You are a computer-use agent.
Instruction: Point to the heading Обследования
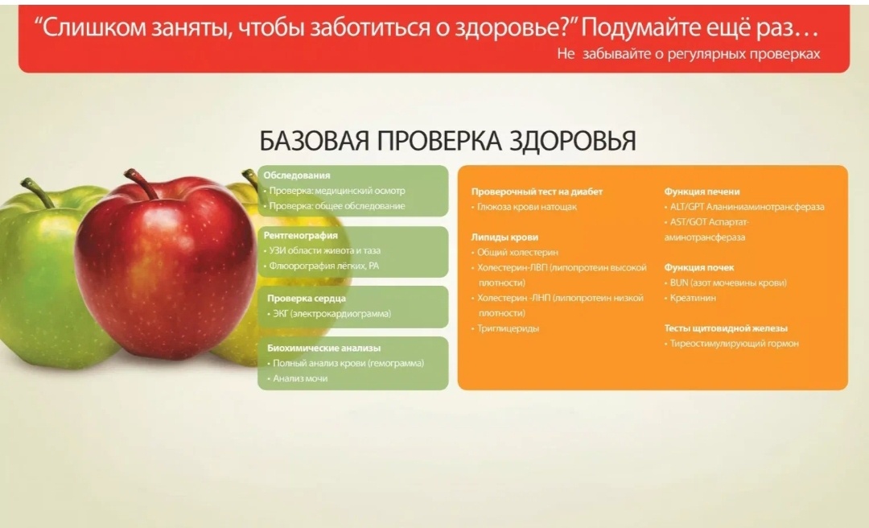click(297, 175)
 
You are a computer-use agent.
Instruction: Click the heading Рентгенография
click(300, 236)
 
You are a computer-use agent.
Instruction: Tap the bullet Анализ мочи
click(299, 378)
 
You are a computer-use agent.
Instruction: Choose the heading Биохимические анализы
click(323, 349)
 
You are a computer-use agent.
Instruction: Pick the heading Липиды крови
click(505, 237)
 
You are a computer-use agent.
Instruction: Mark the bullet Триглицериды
click(508, 328)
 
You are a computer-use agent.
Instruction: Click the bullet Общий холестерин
click(517, 253)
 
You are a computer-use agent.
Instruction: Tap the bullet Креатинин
click(693, 298)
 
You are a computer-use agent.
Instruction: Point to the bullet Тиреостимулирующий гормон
click(734, 344)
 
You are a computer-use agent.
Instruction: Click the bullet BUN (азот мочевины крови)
click(727, 283)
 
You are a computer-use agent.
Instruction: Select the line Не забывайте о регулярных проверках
click(688, 54)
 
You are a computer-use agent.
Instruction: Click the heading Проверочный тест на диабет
click(537, 192)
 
